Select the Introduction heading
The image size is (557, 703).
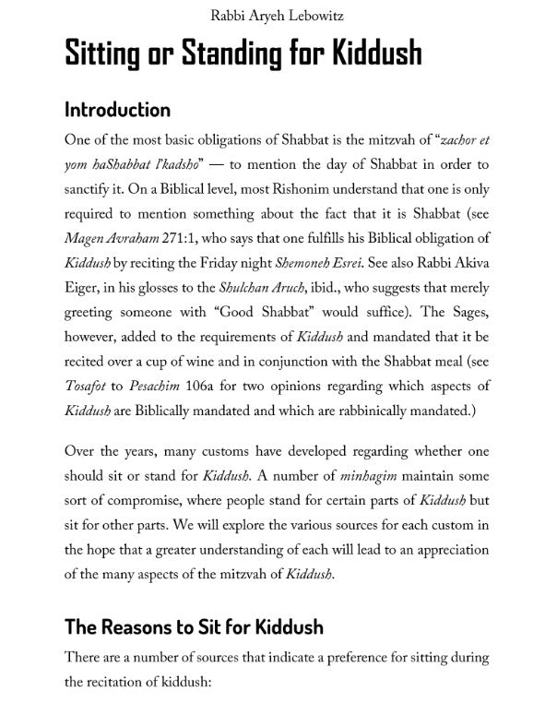(117, 110)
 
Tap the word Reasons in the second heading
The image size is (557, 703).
(139, 627)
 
